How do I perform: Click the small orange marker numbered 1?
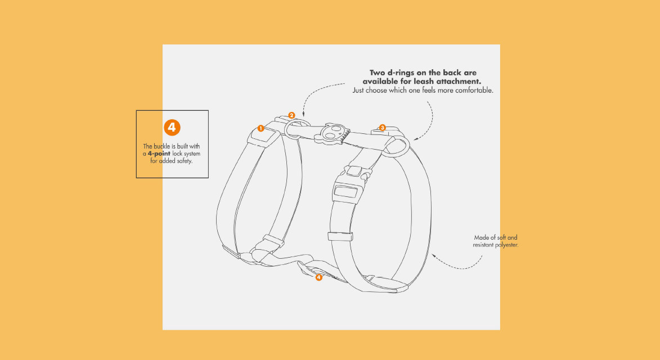click(261, 128)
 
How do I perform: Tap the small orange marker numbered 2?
click(291, 115)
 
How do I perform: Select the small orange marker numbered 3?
click(383, 128)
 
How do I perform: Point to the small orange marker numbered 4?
click(319, 277)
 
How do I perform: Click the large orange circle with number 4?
click(172, 127)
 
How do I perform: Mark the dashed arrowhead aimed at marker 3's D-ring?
click(416, 138)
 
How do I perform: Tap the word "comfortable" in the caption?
click(473, 90)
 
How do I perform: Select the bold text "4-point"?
click(159, 154)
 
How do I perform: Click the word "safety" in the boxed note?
click(183, 161)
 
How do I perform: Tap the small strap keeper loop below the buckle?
click(340, 235)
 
